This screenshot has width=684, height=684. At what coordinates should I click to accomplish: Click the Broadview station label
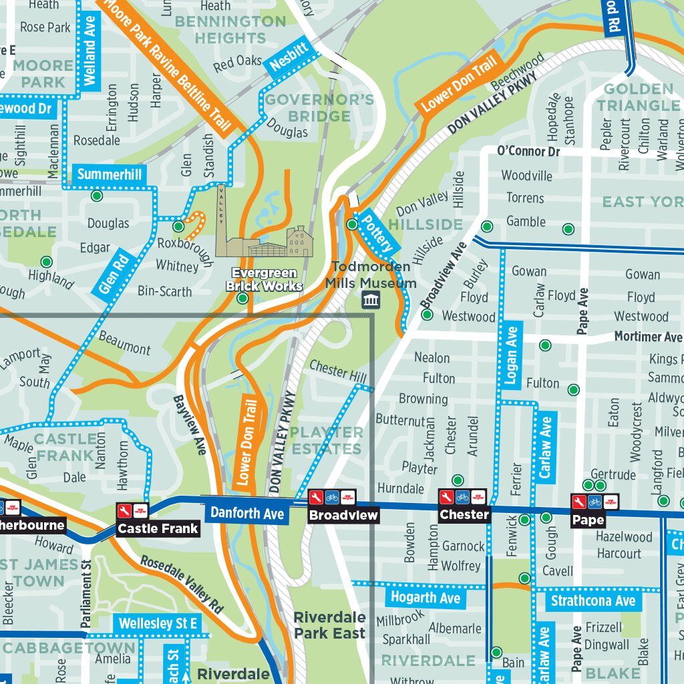click(x=343, y=515)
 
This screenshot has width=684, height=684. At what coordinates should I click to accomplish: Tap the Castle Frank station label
click(x=158, y=528)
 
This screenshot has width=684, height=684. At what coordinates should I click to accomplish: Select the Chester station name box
click(x=464, y=514)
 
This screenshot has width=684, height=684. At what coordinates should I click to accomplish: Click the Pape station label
click(x=588, y=520)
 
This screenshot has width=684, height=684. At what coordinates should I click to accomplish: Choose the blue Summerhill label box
click(x=110, y=175)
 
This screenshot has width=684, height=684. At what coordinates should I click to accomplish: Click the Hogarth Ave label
click(x=425, y=597)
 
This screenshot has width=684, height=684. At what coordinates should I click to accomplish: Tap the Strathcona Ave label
click(x=592, y=601)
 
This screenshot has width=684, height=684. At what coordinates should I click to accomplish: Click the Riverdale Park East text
click(x=329, y=625)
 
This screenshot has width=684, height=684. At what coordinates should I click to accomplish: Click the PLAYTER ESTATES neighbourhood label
click(x=327, y=440)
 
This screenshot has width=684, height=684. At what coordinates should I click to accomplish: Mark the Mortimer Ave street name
click(x=648, y=336)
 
